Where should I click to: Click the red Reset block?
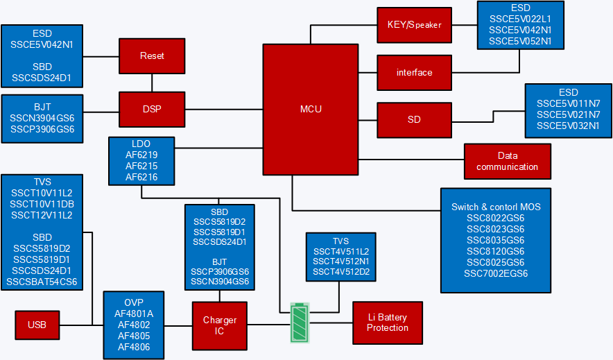(152, 55)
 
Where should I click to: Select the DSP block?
(152, 110)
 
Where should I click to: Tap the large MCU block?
(311, 109)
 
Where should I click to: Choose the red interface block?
(414, 72)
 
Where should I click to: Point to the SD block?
(414, 119)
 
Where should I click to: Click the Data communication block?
(507, 161)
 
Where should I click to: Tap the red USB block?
(37, 325)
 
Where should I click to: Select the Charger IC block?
(219, 325)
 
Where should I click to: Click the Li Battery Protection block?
(388, 322)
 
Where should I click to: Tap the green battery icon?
(300, 323)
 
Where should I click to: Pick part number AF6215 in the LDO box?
(141, 166)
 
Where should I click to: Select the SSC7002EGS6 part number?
(496, 273)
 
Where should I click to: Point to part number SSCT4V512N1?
(341, 262)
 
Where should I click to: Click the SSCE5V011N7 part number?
(568, 103)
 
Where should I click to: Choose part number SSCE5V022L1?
(520, 19)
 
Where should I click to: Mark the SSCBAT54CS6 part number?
(42, 282)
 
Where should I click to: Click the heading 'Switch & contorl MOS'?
(496, 207)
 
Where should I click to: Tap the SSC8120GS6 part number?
(496, 251)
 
